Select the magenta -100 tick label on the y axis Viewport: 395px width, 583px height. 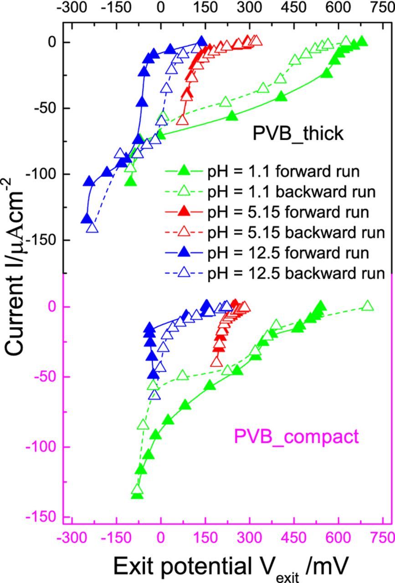tap(46, 447)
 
